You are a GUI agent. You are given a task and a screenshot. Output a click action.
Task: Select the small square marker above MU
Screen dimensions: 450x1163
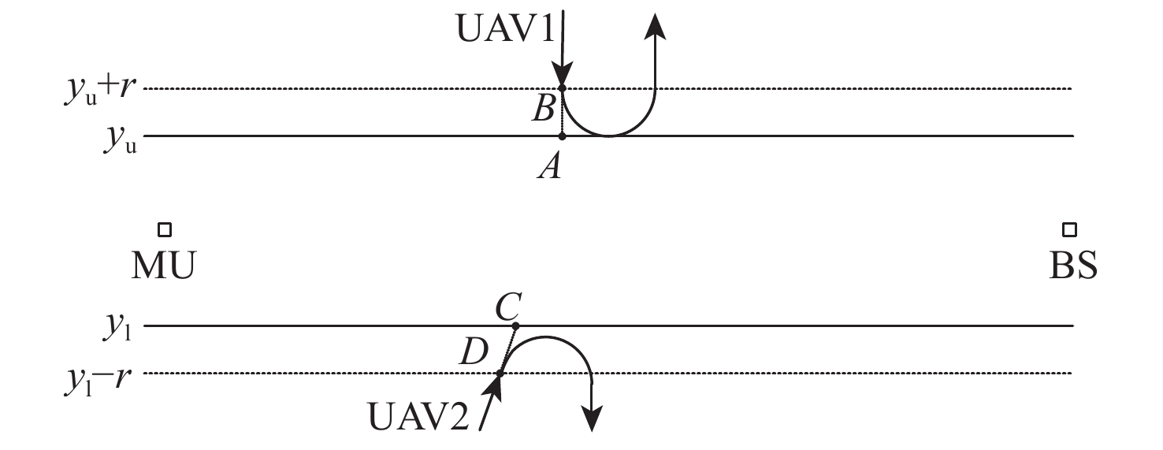coord(165,229)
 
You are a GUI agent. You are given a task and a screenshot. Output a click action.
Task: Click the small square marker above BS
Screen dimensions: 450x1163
coord(1069,229)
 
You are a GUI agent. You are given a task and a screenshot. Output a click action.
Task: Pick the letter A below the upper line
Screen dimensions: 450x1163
coord(548,166)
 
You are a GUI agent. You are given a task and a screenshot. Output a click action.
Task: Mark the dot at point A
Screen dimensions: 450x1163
coord(562,136)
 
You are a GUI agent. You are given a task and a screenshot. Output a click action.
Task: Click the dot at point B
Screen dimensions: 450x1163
coord(562,88)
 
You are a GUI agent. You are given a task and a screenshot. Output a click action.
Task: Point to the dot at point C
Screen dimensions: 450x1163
coord(515,325)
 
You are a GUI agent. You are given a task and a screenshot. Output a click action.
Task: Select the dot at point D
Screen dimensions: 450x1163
coord(500,373)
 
